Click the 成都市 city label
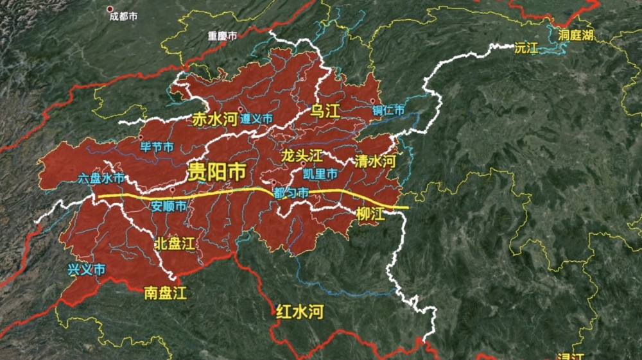tap(123, 17)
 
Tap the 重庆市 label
tap(222, 37)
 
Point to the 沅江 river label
tap(526, 48)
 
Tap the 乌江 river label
tap(324, 111)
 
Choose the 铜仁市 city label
tap(389, 111)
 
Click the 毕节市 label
tap(157, 147)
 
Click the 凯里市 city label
tap(320, 174)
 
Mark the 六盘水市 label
tap(101, 178)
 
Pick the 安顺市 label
tap(169, 207)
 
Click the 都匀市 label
tap(290, 193)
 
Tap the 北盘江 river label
tap(174, 243)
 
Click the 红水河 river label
tap(299, 312)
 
